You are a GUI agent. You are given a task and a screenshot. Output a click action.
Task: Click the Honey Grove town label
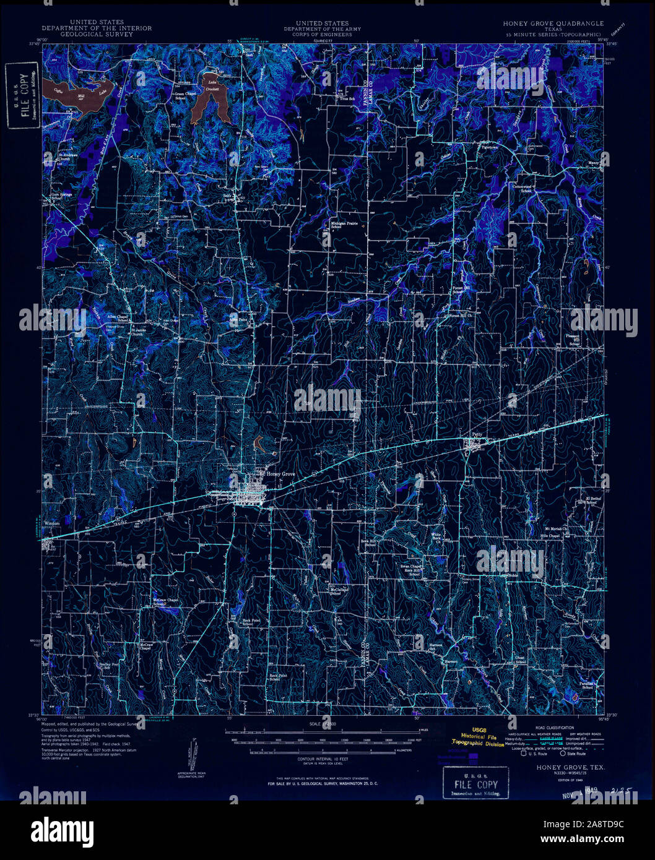point(280,474)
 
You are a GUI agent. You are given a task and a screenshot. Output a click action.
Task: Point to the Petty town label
point(476,434)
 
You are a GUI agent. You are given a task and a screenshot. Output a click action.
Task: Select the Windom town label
point(52,523)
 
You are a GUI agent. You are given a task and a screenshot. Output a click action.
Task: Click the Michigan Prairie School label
point(336,225)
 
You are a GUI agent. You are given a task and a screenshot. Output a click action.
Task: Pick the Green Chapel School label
point(180,96)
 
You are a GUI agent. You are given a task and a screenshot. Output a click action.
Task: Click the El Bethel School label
point(593,500)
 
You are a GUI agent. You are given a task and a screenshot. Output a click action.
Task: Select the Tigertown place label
point(490,148)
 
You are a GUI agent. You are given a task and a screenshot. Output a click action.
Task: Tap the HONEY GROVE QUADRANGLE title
point(553,24)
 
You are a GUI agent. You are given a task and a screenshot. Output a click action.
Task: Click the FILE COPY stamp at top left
point(22,95)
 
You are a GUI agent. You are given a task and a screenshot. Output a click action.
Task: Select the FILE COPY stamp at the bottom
point(475,784)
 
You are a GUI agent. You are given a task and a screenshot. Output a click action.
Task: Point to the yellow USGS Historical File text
point(478,737)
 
